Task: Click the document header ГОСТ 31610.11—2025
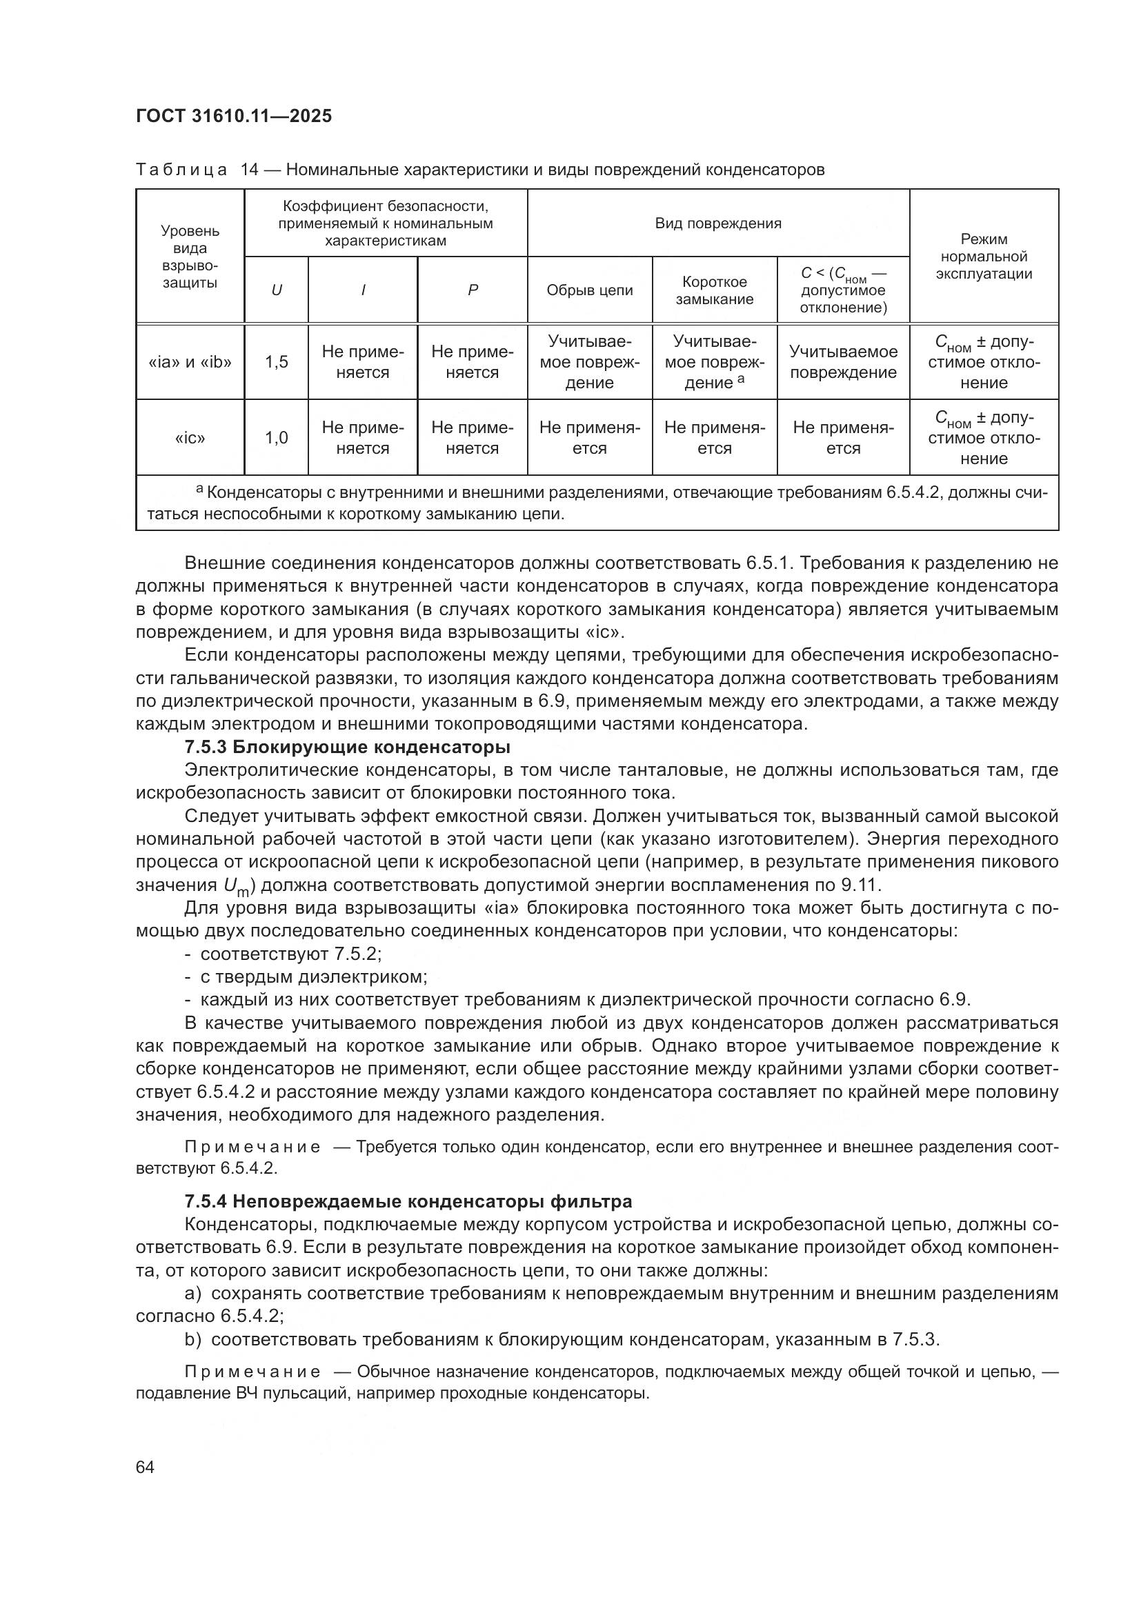pyautogui.click(x=233, y=116)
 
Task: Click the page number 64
pyautogui.click(x=146, y=1467)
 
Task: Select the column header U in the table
pyautogui.click(x=276, y=290)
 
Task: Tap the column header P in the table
pyautogui.click(x=472, y=290)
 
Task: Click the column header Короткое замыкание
pyautogui.click(x=715, y=290)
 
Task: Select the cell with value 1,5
pyautogui.click(x=276, y=362)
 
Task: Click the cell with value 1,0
pyautogui.click(x=276, y=438)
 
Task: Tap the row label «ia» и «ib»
pyautogui.click(x=190, y=362)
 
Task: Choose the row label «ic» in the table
pyautogui.click(x=190, y=438)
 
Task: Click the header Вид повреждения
pyautogui.click(x=717, y=223)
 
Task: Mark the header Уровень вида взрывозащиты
pyautogui.click(x=190, y=257)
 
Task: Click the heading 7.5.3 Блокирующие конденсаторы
pyautogui.click(x=347, y=746)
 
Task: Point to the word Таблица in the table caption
pyautogui.click(x=181, y=170)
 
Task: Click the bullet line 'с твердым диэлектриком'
pyautogui.click(x=313, y=976)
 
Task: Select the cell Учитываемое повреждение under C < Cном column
pyautogui.click(x=842, y=362)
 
